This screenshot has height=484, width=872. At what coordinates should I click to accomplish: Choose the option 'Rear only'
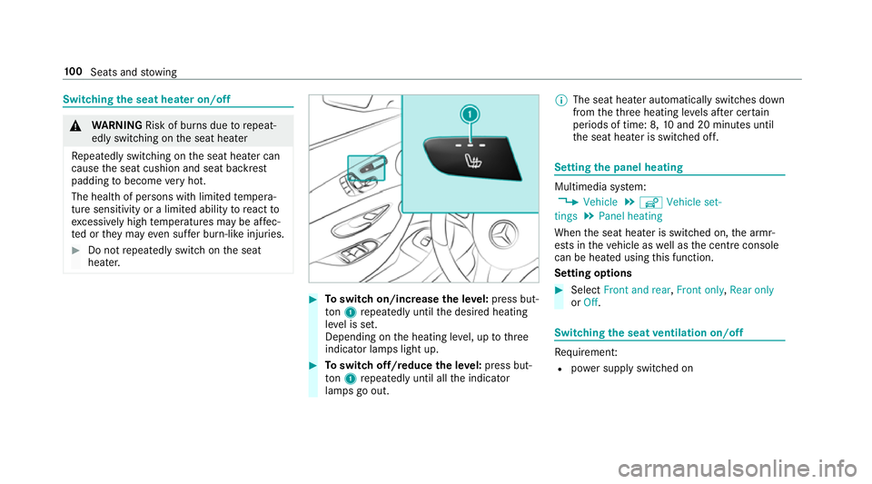click(x=752, y=290)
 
